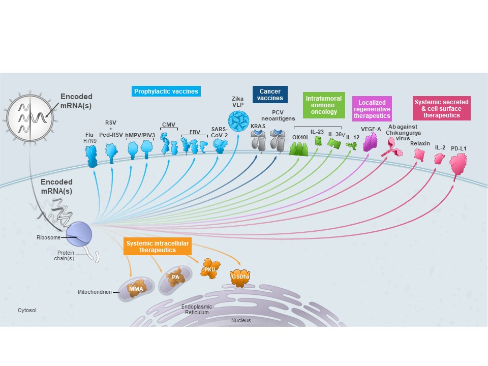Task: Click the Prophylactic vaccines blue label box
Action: pos(165,91)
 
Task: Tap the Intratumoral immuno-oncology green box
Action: pos(323,105)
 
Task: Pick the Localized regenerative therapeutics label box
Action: pos(372,109)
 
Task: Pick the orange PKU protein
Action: pos(209,269)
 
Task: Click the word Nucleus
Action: pos(241,321)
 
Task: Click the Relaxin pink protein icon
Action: pos(420,155)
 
